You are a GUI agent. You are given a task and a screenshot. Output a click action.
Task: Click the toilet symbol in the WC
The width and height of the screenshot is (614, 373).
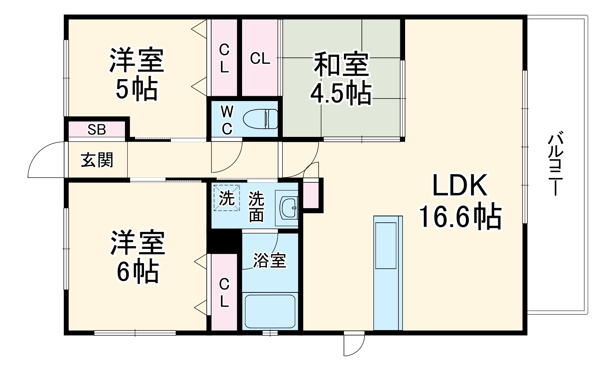point(260,119)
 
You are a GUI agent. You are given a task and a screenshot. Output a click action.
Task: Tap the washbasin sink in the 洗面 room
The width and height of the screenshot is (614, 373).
point(288,208)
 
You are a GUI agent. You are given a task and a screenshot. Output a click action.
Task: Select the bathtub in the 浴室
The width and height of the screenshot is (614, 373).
point(270,311)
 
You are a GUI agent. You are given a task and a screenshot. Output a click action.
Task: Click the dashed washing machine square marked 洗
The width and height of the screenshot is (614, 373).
point(227,198)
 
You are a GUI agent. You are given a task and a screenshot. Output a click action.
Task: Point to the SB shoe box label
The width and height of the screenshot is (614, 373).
point(97,130)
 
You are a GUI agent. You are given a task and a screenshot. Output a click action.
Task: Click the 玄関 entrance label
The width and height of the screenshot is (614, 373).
point(97,160)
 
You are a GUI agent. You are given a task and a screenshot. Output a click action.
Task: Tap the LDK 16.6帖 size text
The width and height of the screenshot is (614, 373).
point(460,216)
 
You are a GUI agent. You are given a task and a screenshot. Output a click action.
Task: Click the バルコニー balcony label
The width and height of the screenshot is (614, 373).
point(555,164)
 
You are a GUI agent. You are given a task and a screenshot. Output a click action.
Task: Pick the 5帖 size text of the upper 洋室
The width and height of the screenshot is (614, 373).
point(137,90)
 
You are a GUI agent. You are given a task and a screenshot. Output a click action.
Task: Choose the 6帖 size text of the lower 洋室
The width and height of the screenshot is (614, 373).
point(138,272)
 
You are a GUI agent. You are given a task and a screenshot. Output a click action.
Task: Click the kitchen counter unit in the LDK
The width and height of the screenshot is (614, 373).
point(388,273)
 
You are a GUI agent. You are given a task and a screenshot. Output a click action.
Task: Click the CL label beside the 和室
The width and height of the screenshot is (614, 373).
point(260,59)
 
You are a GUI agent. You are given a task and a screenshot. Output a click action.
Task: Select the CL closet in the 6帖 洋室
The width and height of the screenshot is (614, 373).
point(224,292)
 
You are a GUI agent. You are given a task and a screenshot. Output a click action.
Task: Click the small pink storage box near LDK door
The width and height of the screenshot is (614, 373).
point(311,194)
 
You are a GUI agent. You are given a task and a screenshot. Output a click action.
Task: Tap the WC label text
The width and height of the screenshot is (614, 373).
point(227,120)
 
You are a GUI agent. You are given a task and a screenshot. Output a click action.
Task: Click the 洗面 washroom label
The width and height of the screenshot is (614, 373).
point(257,206)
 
